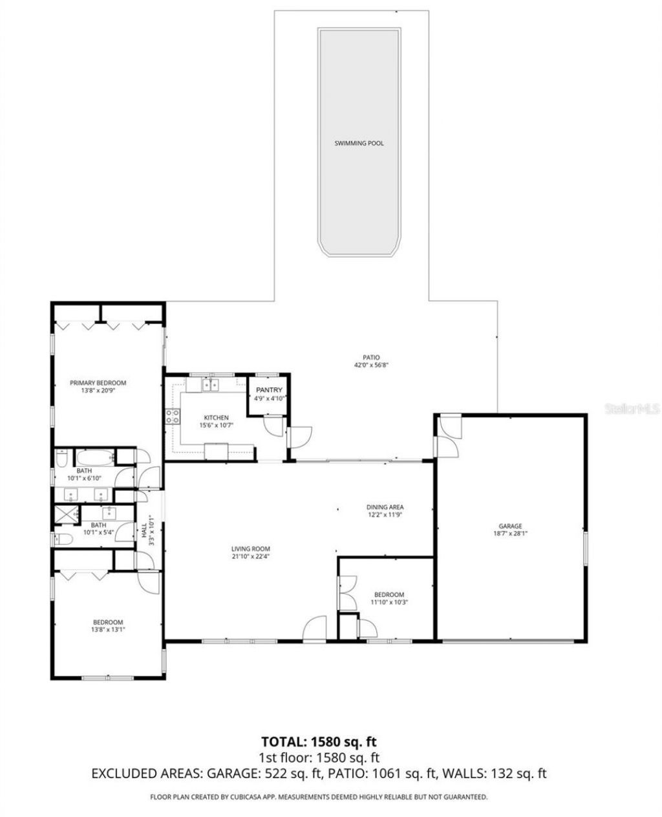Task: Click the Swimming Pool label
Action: point(359,143)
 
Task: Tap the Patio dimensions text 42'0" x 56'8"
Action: point(370,365)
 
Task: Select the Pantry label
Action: point(269,390)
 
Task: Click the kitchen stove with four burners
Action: point(173,416)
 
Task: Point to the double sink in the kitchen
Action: point(209,386)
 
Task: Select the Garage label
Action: point(510,526)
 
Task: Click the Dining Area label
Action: point(385,507)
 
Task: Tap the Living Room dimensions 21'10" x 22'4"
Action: point(250,555)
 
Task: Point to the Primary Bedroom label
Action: point(98,383)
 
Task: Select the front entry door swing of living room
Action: point(315,628)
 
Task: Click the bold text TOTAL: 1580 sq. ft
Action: point(319,741)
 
